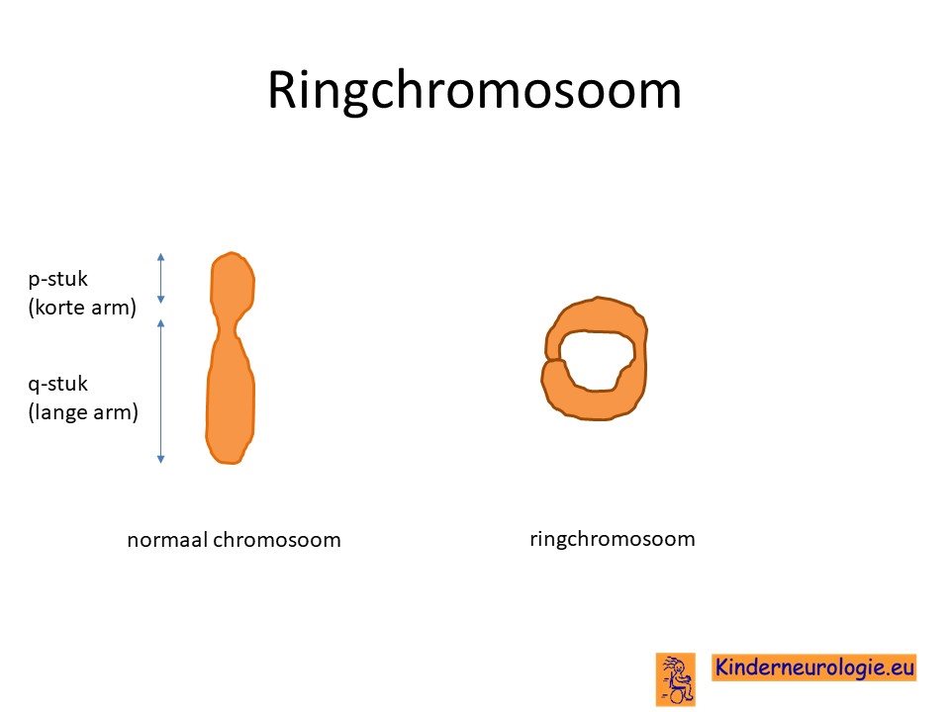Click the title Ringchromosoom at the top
[x=474, y=91]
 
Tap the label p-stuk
[x=58, y=279]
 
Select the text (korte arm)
[x=82, y=307]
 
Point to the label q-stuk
[x=58, y=384]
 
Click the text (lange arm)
[x=83, y=411]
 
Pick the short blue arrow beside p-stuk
[x=160, y=278]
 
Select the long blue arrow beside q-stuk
[x=160, y=392]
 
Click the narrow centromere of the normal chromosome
[x=227, y=330]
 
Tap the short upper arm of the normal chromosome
[x=232, y=284]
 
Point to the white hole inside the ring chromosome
[x=596, y=361]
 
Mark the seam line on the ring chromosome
[x=555, y=362]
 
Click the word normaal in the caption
[x=167, y=540]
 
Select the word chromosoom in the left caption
[x=277, y=540]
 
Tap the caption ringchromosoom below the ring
[x=612, y=538]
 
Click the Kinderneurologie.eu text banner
[x=813, y=667]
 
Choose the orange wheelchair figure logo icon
[x=676, y=679]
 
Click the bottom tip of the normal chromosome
[x=230, y=464]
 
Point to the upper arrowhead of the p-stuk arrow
[x=160, y=256]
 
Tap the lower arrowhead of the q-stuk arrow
[x=160, y=460]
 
